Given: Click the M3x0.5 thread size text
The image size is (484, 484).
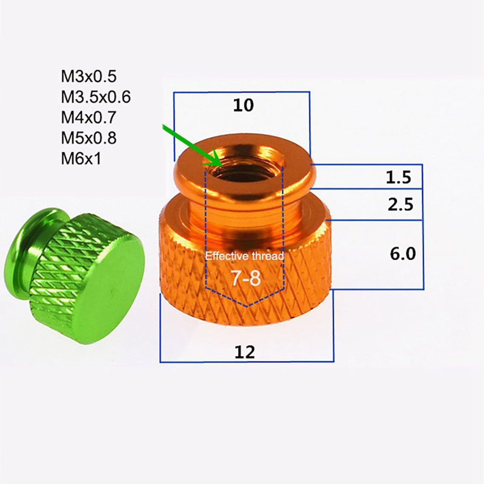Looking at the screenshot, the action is [89, 77].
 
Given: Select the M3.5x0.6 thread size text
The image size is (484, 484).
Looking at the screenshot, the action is [96, 97].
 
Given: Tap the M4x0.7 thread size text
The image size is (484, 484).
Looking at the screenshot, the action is [89, 117].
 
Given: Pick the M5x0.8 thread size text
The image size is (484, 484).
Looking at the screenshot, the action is [89, 138].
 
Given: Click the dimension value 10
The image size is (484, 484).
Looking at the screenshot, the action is [244, 106].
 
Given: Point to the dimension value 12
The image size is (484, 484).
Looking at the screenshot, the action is [245, 352].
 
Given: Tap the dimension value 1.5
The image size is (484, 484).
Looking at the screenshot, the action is [399, 178].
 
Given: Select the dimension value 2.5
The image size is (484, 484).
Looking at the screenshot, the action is [401, 204].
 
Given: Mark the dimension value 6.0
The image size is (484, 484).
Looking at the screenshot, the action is [403, 254].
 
